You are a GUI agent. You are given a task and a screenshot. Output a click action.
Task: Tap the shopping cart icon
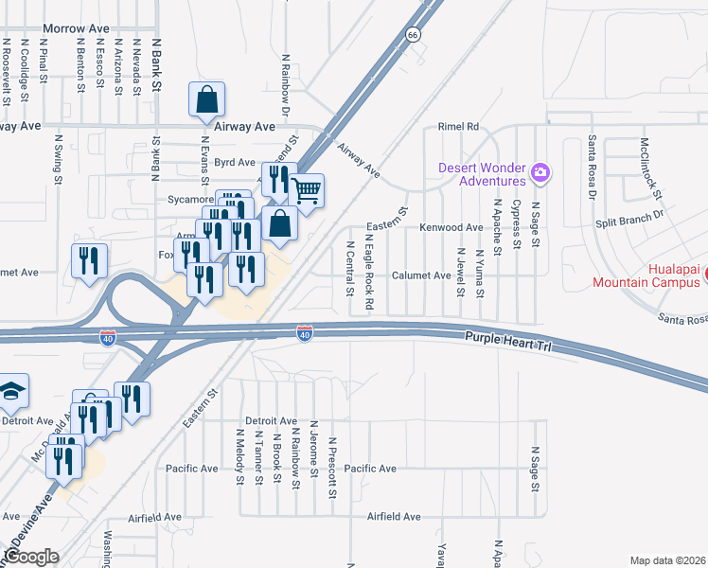coord(306,190)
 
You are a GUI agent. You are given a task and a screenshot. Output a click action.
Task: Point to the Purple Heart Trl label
coord(506,343)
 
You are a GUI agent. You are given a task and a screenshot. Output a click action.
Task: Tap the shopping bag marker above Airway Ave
coord(207,98)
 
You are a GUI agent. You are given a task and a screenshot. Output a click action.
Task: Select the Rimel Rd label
coord(459,126)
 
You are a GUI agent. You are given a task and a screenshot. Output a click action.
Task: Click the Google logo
coord(31,557)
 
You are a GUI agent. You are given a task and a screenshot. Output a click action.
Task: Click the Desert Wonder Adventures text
coord(482,174)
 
